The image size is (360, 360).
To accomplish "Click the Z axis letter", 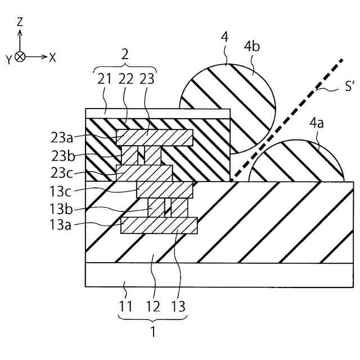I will (x=20, y=22).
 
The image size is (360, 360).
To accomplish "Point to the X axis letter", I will (x=53, y=57).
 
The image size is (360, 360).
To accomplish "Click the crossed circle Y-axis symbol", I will (x=20, y=57).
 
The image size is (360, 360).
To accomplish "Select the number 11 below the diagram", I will (x=125, y=307).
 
